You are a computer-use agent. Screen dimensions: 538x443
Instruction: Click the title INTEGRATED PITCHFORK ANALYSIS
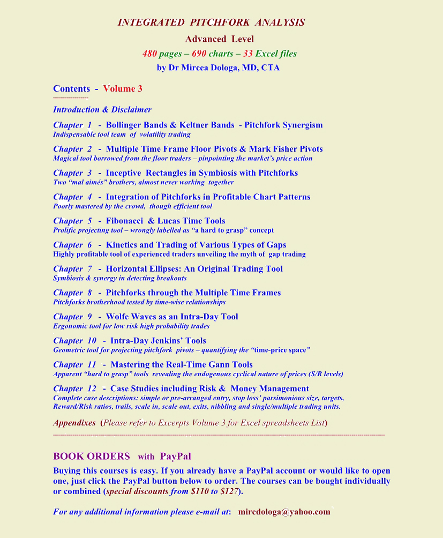[211, 23]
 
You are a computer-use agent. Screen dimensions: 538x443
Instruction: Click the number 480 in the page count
[149, 54]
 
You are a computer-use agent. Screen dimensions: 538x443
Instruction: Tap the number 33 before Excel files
[247, 54]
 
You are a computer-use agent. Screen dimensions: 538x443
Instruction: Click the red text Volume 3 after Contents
[123, 88]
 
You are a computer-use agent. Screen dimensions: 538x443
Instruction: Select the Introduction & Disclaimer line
[102, 109]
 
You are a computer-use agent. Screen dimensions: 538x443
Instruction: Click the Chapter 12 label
[74, 388]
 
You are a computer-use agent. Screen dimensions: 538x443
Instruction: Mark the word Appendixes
[74, 422]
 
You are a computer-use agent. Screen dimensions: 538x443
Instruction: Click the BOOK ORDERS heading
[92, 456]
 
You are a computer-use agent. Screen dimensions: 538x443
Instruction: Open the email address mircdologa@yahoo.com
[284, 512]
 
